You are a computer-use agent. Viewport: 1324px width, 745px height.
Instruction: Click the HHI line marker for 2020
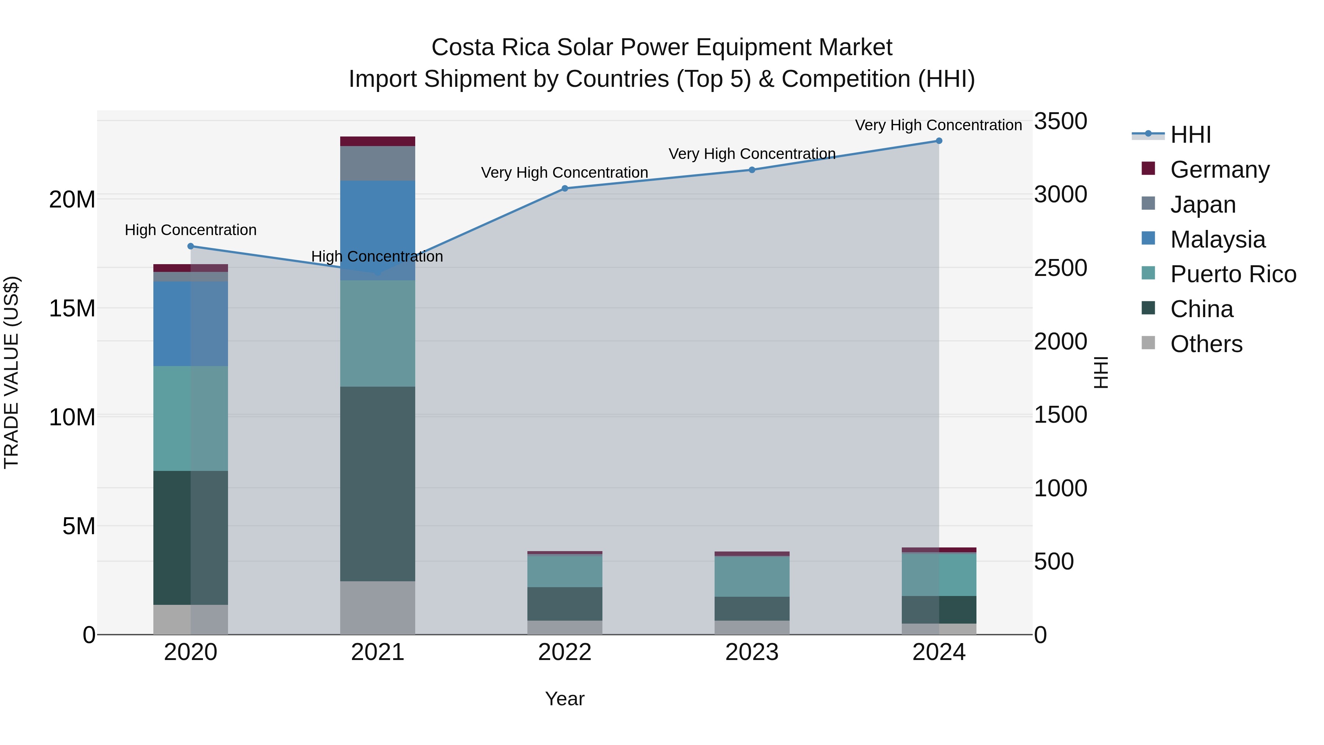[x=191, y=246]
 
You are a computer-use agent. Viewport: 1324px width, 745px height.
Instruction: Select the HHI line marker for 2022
[x=565, y=189]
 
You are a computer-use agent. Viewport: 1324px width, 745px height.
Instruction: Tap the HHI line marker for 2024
[x=939, y=141]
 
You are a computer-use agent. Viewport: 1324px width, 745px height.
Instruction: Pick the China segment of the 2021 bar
[x=378, y=484]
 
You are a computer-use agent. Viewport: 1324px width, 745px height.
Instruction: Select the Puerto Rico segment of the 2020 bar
[x=191, y=419]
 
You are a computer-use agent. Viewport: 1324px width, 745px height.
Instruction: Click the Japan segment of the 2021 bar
[x=378, y=163]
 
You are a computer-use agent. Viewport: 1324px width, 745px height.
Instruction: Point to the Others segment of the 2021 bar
[x=378, y=608]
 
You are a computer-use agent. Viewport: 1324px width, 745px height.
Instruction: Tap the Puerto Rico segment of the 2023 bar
[x=752, y=577]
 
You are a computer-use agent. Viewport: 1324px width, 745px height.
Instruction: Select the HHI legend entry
[x=1190, y=135]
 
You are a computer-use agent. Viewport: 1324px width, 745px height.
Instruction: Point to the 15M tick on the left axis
[x=72, y=309]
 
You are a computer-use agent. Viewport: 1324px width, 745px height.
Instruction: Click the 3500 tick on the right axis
[x=1060, y=121]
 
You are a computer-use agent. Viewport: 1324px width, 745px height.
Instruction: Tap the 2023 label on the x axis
[x=752, y=652]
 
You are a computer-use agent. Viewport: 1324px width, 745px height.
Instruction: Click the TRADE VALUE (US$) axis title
[x=11, y=372]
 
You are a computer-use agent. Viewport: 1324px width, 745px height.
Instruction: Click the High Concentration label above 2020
[x=191, y=230]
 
